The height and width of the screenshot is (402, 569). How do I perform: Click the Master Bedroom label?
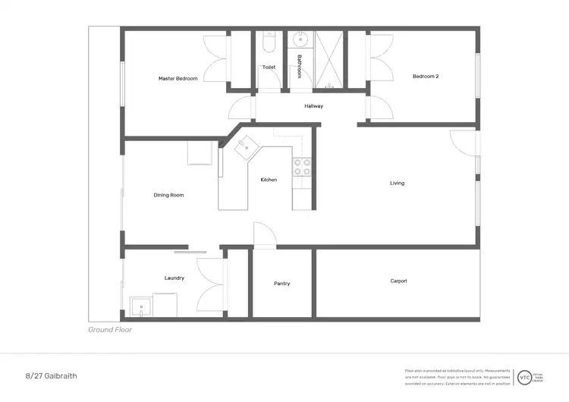pos(178,78)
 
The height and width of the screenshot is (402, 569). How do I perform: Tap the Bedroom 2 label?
pos(426,76)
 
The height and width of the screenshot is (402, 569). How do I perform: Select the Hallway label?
pos(313,105)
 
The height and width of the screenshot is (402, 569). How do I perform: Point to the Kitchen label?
pos(269,180)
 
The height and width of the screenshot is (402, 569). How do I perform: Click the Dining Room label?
pos(168,195)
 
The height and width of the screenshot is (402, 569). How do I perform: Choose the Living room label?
pos(397,183)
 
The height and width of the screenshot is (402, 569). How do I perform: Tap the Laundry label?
pos(174,278)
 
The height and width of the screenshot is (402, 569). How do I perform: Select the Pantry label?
pos(281,284)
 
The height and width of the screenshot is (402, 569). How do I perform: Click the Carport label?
pos(398,281)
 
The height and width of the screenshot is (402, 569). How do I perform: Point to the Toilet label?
pos(269,67)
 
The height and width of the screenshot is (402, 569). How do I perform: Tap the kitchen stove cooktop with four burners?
pos(302,166)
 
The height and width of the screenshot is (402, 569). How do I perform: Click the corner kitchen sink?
pos(246,149)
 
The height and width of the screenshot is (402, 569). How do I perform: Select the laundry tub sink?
pos(141,307)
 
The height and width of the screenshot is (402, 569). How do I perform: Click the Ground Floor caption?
pos(111,330)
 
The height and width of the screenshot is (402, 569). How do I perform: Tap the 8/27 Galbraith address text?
pos(51,375)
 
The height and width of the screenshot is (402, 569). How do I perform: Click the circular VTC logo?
pos(524,376)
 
